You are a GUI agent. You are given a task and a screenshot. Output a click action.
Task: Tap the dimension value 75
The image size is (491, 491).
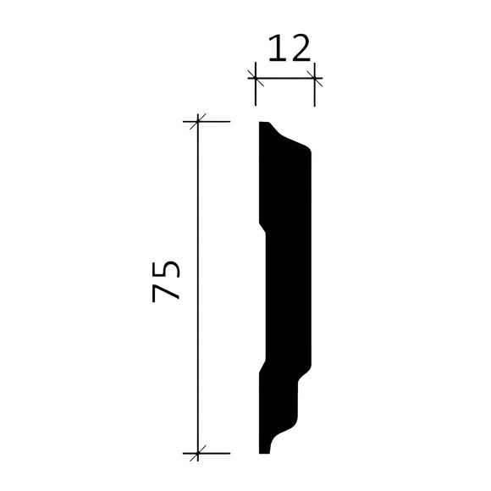tap(167, 282)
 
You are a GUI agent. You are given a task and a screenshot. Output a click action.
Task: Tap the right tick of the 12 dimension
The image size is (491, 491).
tap(315, 78)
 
